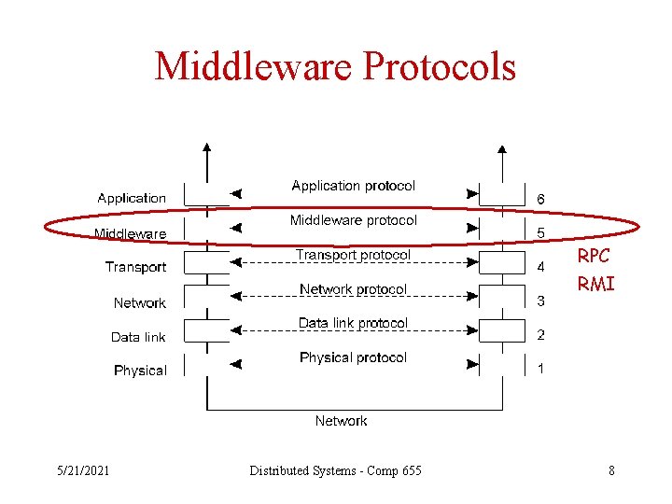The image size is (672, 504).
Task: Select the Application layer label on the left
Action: [x=132, y=198]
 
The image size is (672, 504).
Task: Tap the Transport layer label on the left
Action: [x=135, y=267]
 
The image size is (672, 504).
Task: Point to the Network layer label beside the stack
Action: [x=139, y=302]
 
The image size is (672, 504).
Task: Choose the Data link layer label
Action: [x=138, y=337]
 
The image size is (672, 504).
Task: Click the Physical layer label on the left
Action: [x=140, y=371]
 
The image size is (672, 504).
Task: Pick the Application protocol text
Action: [x=353, y=186]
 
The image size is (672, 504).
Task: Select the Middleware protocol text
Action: [x=353, y=220]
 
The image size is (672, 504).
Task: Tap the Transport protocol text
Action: [x=353, y=255]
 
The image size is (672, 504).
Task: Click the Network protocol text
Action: [x=353, y=289]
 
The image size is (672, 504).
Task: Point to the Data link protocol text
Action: [x=353, y=323]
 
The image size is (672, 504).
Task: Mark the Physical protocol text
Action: [x=353, y=357]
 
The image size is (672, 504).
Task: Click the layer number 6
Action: [x=540, y=199]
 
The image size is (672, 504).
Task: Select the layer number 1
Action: [x=540, y=369]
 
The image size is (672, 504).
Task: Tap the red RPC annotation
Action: [x=594, y=256]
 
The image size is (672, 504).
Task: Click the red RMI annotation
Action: [x=595, y=284]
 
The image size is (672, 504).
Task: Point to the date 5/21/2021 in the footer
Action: [x=82, y=470]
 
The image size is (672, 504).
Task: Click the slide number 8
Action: [x=611, y=470]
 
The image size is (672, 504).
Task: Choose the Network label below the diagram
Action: [x=341, y=421]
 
